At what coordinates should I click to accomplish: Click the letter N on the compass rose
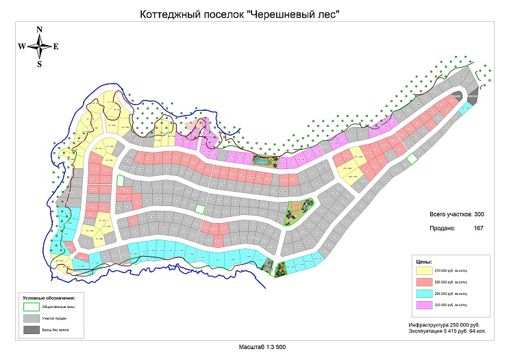40,29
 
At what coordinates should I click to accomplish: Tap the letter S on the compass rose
40,64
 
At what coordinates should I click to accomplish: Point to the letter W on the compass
22,47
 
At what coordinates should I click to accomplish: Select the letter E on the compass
56,47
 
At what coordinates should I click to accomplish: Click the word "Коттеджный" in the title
167,14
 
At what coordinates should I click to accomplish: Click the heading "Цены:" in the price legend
423,261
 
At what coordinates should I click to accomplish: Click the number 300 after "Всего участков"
480,215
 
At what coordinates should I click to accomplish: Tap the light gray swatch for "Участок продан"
30,319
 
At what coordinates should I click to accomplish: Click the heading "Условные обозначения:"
49,298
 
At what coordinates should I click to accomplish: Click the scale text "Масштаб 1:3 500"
262,348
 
